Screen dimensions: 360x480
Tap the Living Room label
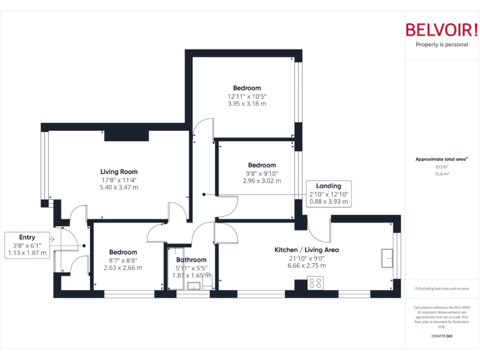pyautogui.click(x=119, y=172)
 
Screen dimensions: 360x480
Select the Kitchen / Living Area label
pyautogui.click(x=306, y=250)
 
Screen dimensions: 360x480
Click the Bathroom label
pyautogui.click(x=191, y=260)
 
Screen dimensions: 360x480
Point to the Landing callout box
pyautogui.click(x=328, y=194)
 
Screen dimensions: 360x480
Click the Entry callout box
pyautogui.click(x=27, y=245)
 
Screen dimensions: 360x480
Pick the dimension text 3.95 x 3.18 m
pyautogui.click(x=247, y=104)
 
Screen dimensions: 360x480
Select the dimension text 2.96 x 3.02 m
pyautogui.click(x=261, y=181)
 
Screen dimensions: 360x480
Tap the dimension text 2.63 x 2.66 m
pyautogui.click(x=122, y=267)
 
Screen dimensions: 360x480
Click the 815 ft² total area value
pyautogui.click(x=442, y=167)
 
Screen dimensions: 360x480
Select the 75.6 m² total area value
pyautogui.click(x=442, y=174)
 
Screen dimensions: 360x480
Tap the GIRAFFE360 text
pyautogui.click(x=441, y=337)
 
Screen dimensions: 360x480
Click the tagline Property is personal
pyautogui.click(x=441, y=45)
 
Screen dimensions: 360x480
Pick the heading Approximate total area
pyautogui.click(x=441, y=159)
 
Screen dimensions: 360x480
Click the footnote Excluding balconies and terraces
pyautogui.click(x=441, y=289)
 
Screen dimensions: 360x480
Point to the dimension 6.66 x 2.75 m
pyautogui.click(x=306, y=266)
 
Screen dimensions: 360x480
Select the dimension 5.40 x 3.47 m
pyautogui.click(x=119, y=187)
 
